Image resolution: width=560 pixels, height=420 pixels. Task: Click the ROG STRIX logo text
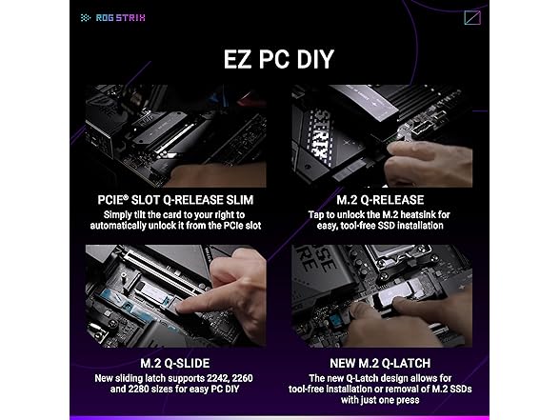coord(120,17)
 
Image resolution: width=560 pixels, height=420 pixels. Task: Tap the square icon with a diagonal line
coord(472,17)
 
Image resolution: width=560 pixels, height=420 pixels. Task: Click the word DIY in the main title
coord(315,59)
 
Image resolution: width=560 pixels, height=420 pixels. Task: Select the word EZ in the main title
coord(236,59)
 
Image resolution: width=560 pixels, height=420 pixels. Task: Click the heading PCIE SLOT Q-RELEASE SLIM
coord(175,200)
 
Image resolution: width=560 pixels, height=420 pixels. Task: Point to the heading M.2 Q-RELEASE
coord(380,200)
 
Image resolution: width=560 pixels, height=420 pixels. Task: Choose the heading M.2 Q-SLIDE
coord(175,363)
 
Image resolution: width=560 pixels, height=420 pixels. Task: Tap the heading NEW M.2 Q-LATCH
coord(380,363)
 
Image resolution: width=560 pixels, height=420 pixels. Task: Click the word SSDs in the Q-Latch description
coord(460,389)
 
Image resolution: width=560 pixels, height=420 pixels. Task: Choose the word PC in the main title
coord(272,59)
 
